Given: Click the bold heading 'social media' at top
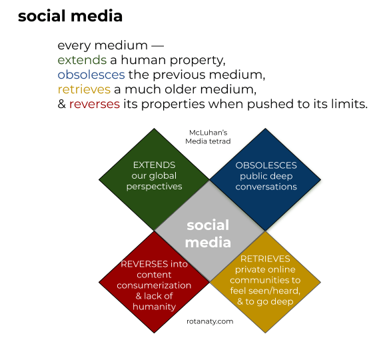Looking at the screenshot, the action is (x=70, y=16).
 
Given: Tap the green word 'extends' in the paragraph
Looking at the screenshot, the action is (x=82, y=60).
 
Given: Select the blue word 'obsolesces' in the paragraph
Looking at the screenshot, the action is (x=91, y=75).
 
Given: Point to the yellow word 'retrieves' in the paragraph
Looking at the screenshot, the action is (x=84, y=89).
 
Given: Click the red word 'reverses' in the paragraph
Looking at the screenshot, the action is (x=95, y=104).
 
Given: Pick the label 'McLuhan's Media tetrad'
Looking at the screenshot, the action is (x=208, y=137).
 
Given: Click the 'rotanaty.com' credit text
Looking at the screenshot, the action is (x=210, y=321).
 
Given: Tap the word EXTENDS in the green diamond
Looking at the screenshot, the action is (x=154, y=165).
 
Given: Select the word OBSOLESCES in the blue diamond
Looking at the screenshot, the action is (x=266, y=165).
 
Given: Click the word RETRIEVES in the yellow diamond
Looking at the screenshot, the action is (x=265, y=259).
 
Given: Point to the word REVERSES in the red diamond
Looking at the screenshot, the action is (x=145, y=264).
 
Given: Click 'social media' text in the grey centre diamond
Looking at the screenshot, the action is (x=208, y=233).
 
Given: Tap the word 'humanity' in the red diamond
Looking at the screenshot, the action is (x=154, y=307).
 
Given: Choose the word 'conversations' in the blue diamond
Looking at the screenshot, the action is (x=266, y=187).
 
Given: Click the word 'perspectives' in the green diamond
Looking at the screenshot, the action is (x=154, y=187).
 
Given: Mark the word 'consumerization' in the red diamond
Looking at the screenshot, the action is (x=154, y=285).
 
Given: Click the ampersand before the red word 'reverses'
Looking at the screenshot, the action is (x=62, y=104).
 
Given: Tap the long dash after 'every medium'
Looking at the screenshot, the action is (x=157, y=46).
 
